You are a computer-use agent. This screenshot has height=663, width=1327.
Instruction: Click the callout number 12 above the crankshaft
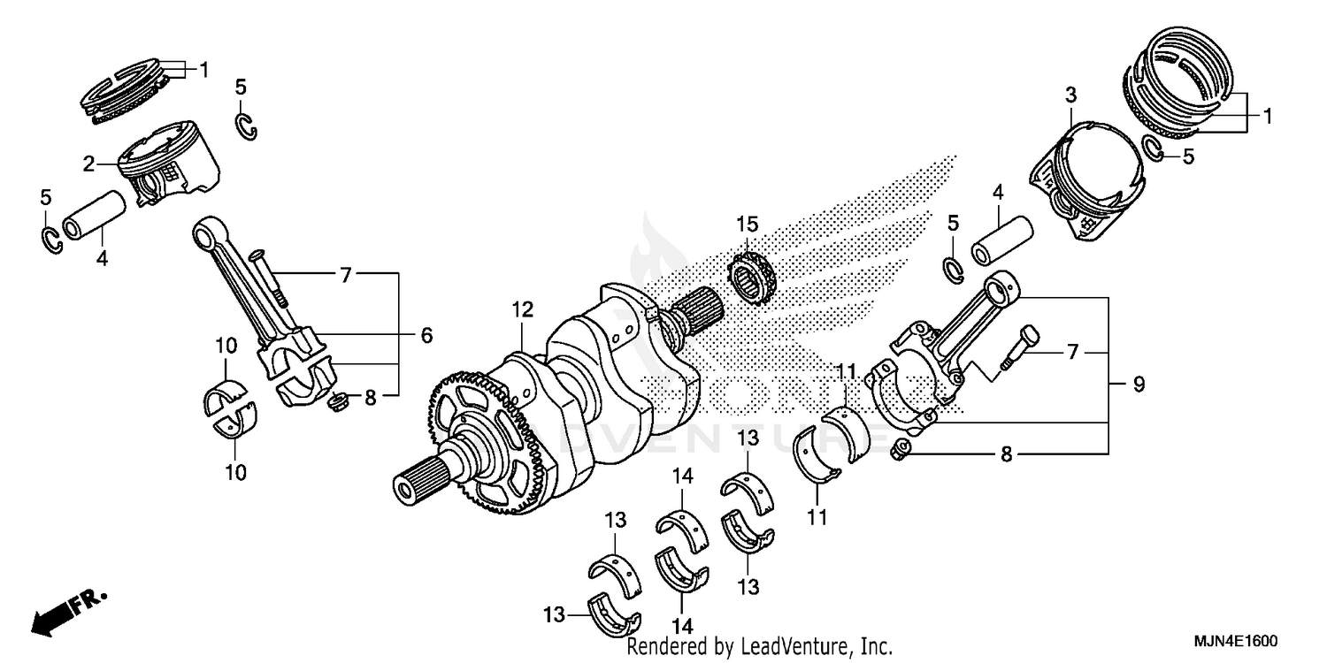(x=522, y=309)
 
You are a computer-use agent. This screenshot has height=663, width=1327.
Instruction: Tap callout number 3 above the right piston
(x=1070, y=95)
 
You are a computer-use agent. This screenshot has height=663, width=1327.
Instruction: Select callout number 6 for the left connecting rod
(x=426, y=335)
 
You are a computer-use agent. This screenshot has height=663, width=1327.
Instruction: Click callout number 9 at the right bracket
(x=1139, y=385)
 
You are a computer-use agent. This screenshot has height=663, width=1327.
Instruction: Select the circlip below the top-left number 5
(x=247, y=126)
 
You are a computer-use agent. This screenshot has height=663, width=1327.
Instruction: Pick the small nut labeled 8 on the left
(x=335, y=403)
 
